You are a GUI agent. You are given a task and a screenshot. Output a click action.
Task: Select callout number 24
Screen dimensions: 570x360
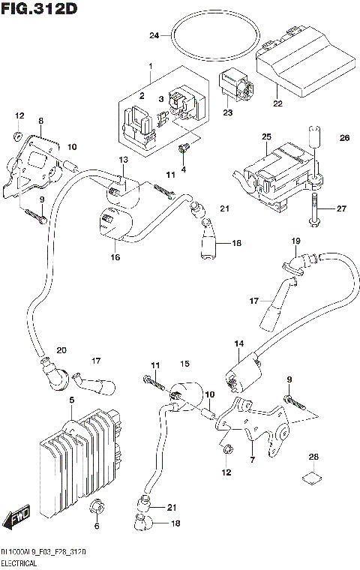pos(154,35)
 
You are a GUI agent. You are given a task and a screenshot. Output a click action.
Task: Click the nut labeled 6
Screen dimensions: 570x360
pos(95,510)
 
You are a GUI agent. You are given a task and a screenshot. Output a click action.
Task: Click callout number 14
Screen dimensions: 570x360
pos(238,344)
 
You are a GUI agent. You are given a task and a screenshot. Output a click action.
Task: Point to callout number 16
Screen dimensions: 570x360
pos(115,257)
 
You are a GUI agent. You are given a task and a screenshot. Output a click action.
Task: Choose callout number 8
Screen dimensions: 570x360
pos(41,120)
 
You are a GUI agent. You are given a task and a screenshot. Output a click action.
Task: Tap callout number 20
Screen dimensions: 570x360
pos(61,349)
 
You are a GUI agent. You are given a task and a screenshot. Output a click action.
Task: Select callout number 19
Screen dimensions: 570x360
pos(295,241)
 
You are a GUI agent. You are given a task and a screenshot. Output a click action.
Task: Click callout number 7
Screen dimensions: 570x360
pos(252,460)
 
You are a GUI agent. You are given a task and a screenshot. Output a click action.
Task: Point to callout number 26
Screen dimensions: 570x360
pos(344,138)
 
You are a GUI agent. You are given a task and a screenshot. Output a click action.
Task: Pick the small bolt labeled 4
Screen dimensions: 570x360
pos(182,153)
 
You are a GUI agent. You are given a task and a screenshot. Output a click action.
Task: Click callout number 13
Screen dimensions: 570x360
pos(123,160)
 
